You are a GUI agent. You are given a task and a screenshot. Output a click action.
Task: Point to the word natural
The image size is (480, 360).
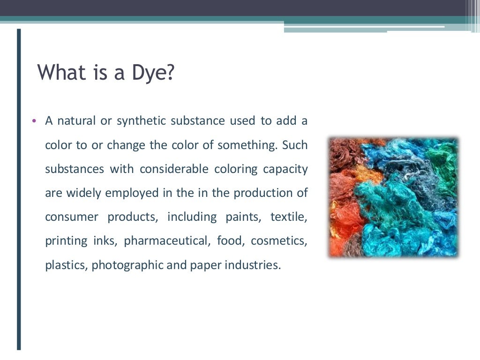(76, 121)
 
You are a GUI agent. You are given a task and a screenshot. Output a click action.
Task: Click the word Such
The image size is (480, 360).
(295, 145)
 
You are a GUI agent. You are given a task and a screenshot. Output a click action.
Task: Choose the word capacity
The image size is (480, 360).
(287, 169)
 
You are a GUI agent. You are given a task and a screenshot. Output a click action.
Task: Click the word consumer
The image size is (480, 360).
(72, 217)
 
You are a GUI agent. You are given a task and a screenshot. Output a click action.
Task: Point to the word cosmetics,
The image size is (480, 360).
(279, 241)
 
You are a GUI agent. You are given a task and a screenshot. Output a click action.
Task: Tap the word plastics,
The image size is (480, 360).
(66, 265)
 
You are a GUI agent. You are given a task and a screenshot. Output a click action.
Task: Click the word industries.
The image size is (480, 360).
(253, 265)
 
